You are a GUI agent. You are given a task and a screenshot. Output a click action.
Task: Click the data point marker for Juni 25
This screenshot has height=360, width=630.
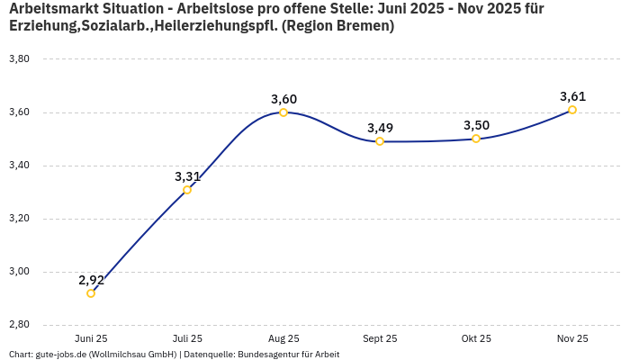tap(91, 293)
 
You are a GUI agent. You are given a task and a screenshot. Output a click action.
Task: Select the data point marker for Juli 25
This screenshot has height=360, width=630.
tap(187, 190)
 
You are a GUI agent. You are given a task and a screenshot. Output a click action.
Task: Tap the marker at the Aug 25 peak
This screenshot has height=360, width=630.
tap(283, 112)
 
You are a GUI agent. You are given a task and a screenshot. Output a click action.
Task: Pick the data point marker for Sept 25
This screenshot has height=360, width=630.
tap(380, 141)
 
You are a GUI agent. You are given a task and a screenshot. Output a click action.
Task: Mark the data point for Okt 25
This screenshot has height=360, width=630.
tap(476, 139)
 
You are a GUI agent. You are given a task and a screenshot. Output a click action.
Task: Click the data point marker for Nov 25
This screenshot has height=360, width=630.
tap(572, 110)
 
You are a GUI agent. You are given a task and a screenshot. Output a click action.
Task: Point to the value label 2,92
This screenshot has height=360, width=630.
tap(91, 280)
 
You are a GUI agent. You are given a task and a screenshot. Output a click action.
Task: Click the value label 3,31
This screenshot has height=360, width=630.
tap(187, 176)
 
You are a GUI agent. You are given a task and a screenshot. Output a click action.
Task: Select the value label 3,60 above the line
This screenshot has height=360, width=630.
tap(283, 99)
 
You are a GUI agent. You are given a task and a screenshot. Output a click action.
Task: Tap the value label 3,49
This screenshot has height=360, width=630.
tap(380, 128)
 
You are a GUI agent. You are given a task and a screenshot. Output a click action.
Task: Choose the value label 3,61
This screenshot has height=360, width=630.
tap(572, 96)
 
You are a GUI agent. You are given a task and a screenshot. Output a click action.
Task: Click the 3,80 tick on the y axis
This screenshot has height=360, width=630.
tap(19, 59)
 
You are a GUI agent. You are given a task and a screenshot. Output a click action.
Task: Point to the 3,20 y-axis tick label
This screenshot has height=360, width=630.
tap(19, 219)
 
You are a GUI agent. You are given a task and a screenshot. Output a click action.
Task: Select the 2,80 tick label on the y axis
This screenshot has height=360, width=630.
tap(19, 325)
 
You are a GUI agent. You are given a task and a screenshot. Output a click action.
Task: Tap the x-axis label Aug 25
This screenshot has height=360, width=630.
tap(283, 338)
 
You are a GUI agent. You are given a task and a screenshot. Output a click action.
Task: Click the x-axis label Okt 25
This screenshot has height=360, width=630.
tap(476, 338)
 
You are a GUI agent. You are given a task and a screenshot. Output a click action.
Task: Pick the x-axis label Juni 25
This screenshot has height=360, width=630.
tap(91, 338)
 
